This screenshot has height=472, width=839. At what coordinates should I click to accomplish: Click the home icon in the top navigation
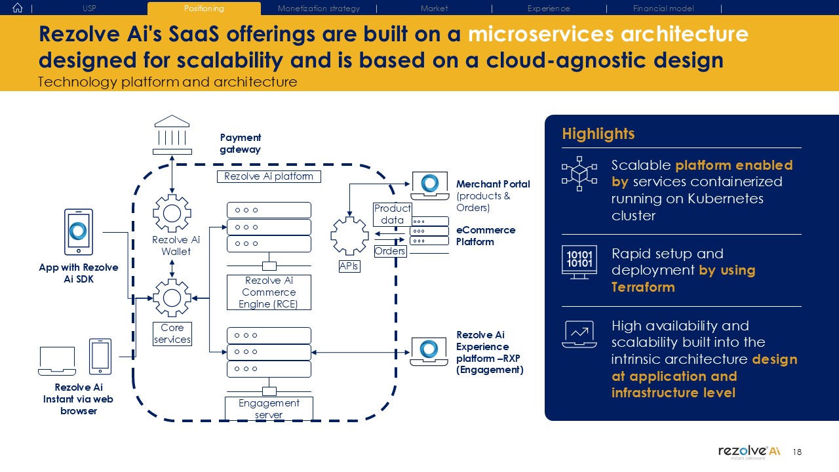pos(18,8)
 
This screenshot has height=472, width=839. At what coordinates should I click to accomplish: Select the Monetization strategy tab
pos(319,9)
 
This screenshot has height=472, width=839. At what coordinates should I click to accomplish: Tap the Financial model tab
pos(663,9)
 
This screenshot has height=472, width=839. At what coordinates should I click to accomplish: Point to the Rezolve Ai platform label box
pos(269,176)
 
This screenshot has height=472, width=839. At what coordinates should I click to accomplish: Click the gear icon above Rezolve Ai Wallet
pos(172,213)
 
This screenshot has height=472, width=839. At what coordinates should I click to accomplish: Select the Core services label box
pos(172,334)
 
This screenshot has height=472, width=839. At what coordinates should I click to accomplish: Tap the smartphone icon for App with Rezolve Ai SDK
pos(79,232)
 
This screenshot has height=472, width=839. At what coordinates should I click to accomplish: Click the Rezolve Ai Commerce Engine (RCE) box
pos(269,292)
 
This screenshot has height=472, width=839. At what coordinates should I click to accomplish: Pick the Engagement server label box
pos(269,408)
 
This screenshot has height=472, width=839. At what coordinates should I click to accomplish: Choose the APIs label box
pos(349,266)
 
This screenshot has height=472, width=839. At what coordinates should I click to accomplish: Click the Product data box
pos(393,214)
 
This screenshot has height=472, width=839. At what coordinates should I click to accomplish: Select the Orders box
pos(390,251)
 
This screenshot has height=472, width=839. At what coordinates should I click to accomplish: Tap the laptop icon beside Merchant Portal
pos(430,186)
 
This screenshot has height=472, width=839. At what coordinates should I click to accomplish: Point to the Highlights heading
pos(598,134)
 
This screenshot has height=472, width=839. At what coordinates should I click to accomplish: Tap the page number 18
pos(797,452)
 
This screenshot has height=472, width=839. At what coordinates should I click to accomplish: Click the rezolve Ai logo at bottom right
pos(749,452)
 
